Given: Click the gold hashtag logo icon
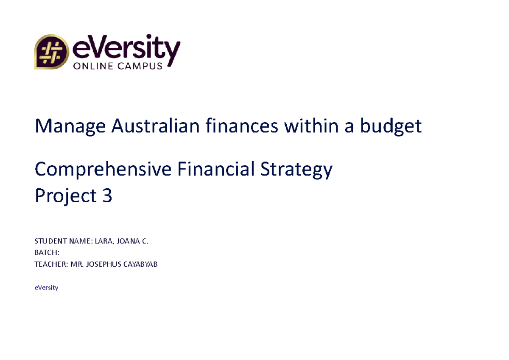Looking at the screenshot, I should click(51, 52).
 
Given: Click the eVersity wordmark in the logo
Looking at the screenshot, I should click(127, 47).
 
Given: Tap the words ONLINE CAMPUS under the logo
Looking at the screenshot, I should click(118, 66).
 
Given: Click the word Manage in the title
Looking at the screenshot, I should click(70, 126).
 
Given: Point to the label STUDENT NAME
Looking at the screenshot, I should click(62, 242).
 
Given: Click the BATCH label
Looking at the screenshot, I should click(46, 253).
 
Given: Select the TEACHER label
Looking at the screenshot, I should click(48, 265).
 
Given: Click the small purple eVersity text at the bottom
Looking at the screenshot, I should click(46, 287).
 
